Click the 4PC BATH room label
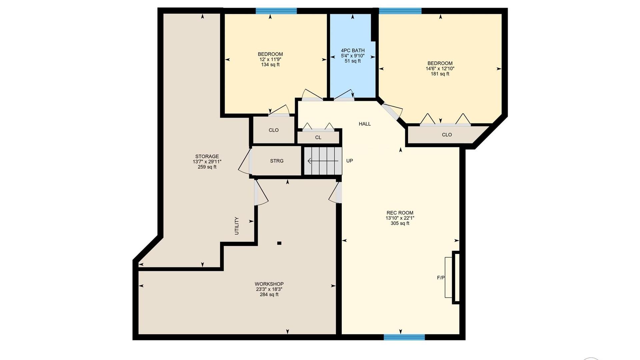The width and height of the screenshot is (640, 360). tap(353, 51)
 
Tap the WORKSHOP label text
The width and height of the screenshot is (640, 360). tap(269, 284)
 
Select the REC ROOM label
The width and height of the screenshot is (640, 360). tap(400, 213)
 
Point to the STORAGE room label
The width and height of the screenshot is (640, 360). tap(207, 156)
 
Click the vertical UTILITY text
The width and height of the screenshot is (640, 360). tap(237, 226)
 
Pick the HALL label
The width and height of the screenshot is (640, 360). tap(365, 124)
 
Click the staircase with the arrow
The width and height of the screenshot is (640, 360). tap(323, 161)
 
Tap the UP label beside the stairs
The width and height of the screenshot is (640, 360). tap(349, 161)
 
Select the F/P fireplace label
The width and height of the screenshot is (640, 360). tap(441, 278)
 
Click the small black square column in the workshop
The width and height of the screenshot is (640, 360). tap(279, 243)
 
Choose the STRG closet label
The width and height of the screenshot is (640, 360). tap(277, 161)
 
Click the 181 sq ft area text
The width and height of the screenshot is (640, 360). tap(440, 74)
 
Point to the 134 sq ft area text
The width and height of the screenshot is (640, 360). tap(270, 65)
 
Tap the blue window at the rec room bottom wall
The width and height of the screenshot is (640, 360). tap(404, 337)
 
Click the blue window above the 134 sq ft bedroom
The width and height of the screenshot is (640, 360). tap(276, 11)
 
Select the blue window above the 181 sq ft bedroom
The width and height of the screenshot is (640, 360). tap(400, 11)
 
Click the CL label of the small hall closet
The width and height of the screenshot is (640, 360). tap(318, 138)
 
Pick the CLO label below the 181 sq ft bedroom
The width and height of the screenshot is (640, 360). tap(447, 135)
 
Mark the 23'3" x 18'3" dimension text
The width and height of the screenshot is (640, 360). tap(269, 289)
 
